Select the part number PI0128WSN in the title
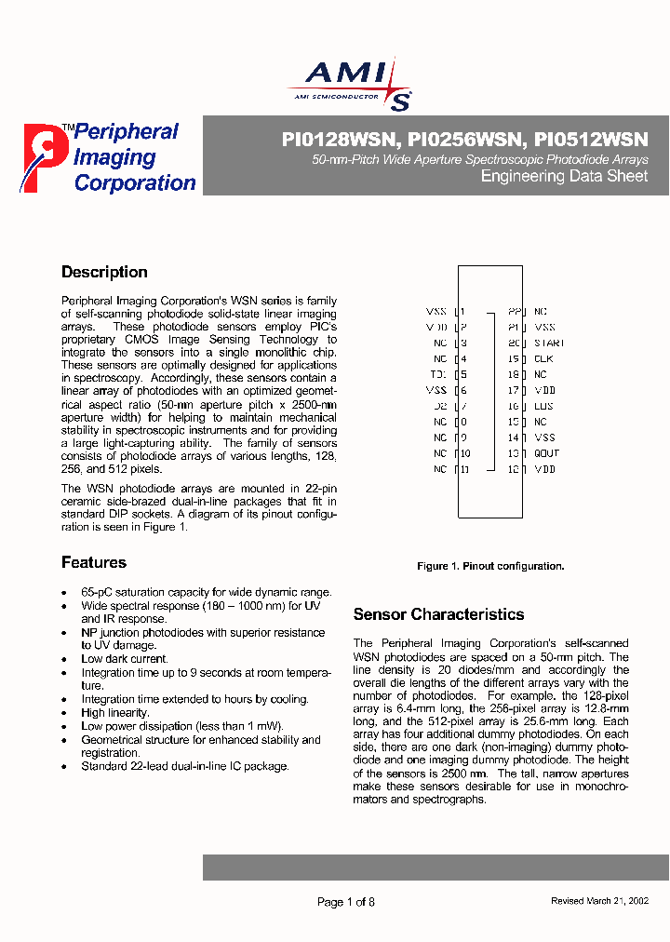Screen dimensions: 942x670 point(339,140)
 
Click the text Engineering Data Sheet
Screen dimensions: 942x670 point(563,177)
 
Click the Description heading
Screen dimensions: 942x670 point(104,273)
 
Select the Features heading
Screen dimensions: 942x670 point(94,562)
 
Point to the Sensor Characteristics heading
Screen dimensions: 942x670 point(438,614)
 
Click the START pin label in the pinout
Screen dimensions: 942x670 point(549,343)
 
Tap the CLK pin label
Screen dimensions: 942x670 point(543,358)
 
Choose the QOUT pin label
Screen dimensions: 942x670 point(546,453)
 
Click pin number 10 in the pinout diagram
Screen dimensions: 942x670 point(465,453)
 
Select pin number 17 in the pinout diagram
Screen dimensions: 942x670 point(513,390)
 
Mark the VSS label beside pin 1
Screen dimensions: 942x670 point(435,312)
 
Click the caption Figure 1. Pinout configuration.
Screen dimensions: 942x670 point(489,566)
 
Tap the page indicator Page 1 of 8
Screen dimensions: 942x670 point(346,902)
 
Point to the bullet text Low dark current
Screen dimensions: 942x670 point(125,659)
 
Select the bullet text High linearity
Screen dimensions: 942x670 point(115,713)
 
